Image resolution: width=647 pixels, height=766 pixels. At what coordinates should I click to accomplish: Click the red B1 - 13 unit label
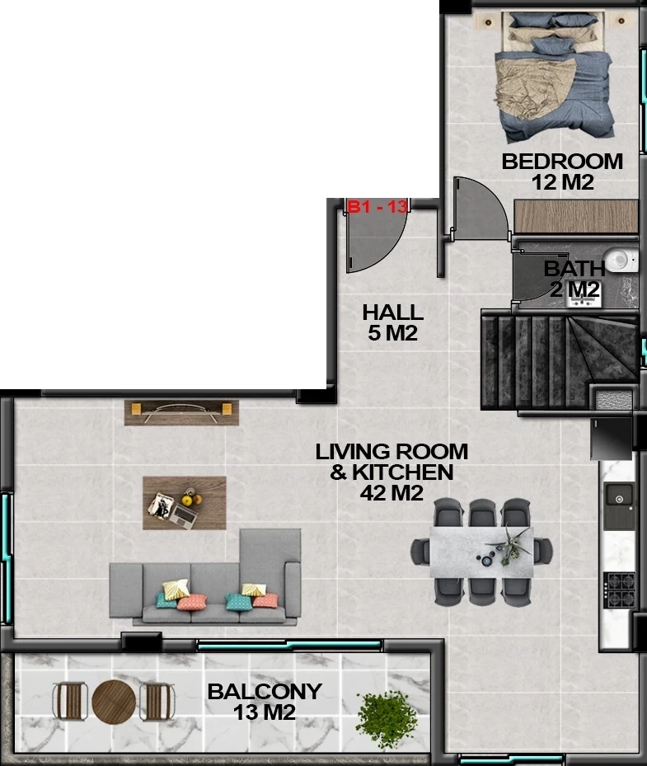pyautogui.click(x=377, y=207)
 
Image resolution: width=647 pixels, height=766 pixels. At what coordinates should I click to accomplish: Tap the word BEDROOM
pyautogui.click(x=562, y=162)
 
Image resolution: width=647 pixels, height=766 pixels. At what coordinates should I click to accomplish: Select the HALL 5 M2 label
pyautogui.click(x=392, y=322)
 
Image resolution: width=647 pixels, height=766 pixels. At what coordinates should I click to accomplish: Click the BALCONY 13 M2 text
pyautogui.click(x=265, y=702)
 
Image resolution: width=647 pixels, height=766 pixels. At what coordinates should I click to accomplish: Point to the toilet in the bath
pyautogui.click(x=621, y=260)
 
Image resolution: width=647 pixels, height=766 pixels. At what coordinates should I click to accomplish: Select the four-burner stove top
pyautogui.click(x=619, y=590)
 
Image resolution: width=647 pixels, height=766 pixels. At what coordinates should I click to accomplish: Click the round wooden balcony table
pyautogui.click(x=114, y=702)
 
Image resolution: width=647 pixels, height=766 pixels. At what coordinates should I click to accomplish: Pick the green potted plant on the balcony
pyautogui.click(x=387, y=719)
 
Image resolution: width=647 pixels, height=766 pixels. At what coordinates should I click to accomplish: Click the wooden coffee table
pyautogui.click(x=184, y=503)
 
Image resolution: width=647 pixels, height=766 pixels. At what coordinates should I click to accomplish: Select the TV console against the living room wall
pyautogui.click(x=181, y=413)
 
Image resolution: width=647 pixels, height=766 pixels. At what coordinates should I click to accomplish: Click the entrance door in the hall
pyautogui.click(x=376, y=237)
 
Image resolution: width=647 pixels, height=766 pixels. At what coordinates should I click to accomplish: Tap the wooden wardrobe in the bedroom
pyautogui.click(x=576, y=216)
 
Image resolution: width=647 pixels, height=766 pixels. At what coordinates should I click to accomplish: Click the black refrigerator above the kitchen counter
pyautogui.click(x=611, y=439)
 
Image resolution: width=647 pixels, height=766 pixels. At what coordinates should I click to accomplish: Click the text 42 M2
pyautogui.click(x=391, y=493)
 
